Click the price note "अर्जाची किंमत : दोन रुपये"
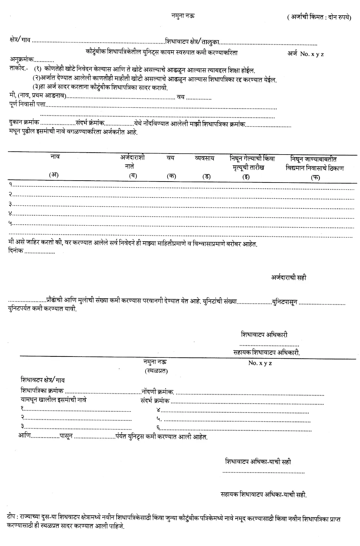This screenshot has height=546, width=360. pos(319,17)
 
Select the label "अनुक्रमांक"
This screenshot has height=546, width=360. pos(21,59)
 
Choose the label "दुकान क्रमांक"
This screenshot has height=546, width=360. pos(24,122)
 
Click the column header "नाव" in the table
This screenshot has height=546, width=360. pos(55,156)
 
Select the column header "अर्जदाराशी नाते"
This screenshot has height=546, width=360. pos(132,162)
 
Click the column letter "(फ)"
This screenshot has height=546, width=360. pos(315,177)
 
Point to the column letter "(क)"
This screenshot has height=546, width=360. pos(172,176)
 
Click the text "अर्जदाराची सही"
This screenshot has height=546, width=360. pos(289,278)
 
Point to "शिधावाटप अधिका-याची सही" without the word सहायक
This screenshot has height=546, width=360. pos(258,461)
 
